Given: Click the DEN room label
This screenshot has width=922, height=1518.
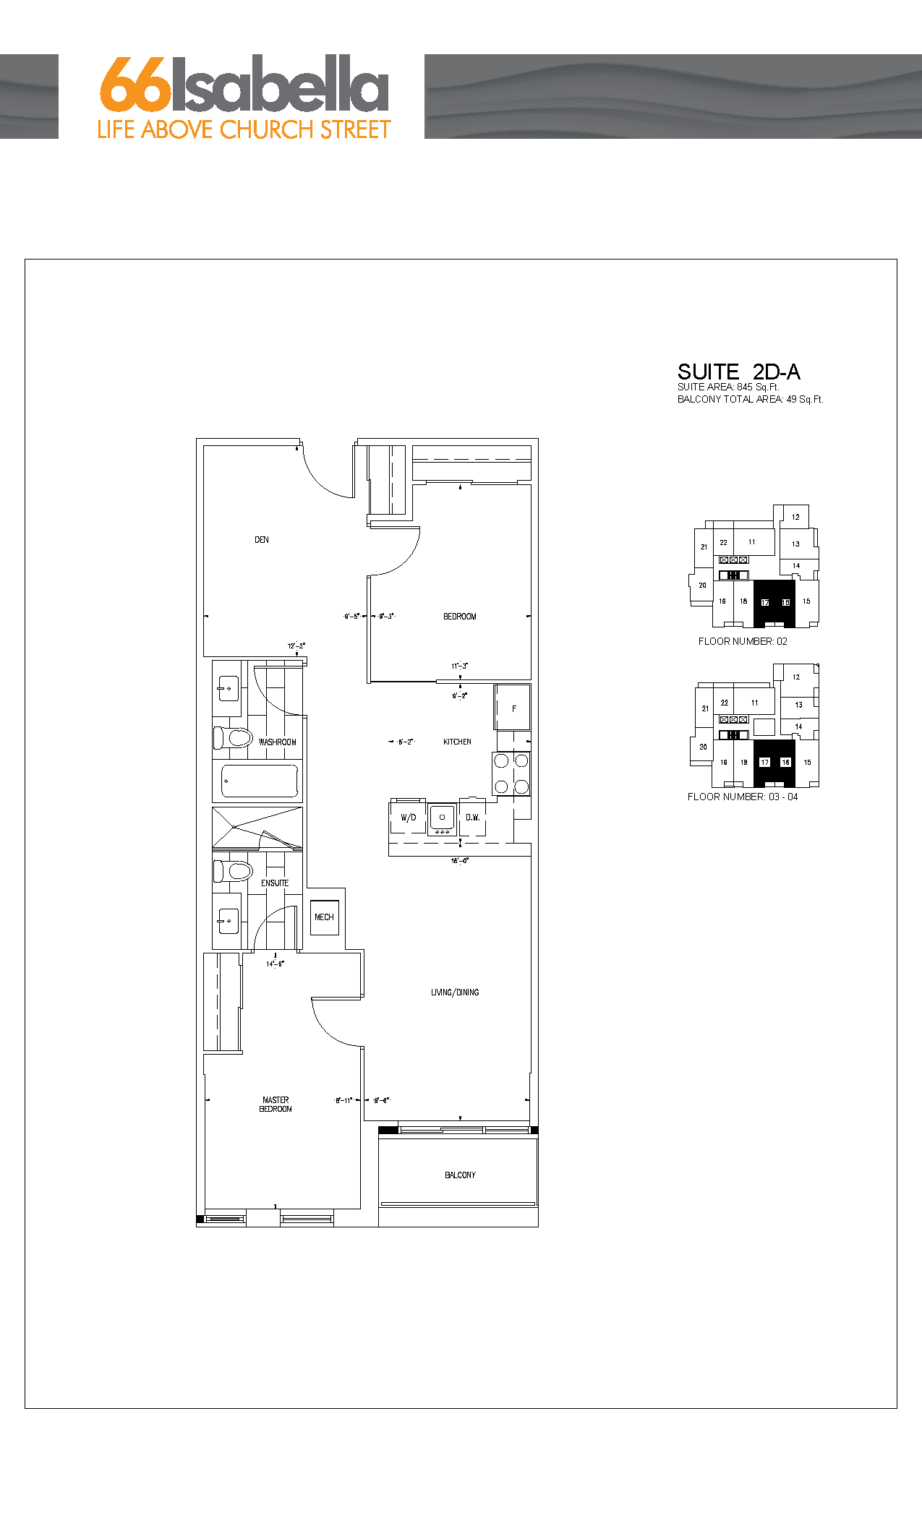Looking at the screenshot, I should click(x=262, y=540).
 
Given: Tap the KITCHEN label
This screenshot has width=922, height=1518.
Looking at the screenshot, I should click(x=457, y=742).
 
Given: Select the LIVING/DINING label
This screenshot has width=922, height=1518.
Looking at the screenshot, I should click(x=455, y=992).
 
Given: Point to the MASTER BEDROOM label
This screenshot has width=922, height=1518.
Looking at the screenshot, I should click(x=276, y=1105).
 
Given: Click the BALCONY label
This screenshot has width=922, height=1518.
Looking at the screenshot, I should click(x=460, y=1175).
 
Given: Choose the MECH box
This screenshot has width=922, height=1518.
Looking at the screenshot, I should click(x=324, y=917).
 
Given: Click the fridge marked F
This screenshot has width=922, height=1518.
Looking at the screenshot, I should click(x=513, y=708).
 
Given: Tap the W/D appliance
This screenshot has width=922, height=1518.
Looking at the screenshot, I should click(x=408, y=818).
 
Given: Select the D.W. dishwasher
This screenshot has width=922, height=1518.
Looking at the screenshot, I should click(x=472, y=818).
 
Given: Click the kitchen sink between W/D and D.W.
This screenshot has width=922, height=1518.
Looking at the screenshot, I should click(x=442, y=818).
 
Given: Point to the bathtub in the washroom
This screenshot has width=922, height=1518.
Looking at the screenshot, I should click(x=260, y=781).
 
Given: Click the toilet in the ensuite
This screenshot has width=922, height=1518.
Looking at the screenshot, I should click(x=233, y=870).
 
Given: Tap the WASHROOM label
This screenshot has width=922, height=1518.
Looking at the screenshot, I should click(x=277, y=742).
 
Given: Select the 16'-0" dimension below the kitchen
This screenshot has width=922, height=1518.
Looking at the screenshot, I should click(x=460, y=861).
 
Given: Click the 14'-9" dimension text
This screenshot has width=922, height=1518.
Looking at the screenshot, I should click(x=275, y=964).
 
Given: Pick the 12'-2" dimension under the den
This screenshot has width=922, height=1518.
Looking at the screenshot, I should click(x=296, y=646).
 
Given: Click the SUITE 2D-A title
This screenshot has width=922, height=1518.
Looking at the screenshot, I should click(x=738, y=372).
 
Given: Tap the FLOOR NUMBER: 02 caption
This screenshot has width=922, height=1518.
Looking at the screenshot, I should click(x=743, y=642).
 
